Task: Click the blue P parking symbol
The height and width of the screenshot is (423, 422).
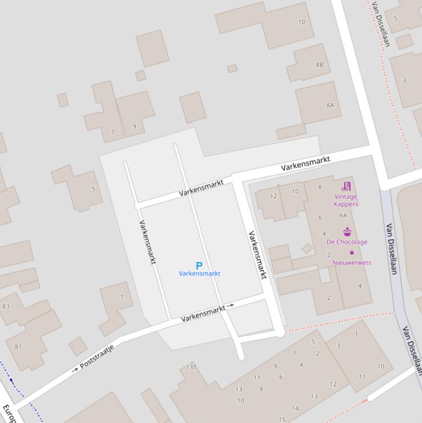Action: (199, 265)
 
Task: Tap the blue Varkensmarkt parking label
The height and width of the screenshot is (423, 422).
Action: (199, 274)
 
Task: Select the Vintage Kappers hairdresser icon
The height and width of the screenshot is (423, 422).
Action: (346, 186)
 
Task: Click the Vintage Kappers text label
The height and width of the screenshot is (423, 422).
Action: (346, 201)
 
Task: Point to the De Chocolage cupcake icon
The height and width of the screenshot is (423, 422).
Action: (347, 232)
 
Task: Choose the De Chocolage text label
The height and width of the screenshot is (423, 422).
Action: (347, 242)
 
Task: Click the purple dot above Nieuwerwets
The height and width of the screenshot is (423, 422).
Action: (352, 253)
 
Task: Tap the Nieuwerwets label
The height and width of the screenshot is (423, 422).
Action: (352, 263)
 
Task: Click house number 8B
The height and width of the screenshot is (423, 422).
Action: (319, 65)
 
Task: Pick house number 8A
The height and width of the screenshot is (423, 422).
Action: (330, 105)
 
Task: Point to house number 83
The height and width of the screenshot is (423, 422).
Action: (6, 307)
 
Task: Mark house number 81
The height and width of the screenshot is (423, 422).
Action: (18, 347)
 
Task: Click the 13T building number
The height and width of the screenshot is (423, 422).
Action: (191, 367)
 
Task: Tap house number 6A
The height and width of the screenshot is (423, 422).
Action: (343, 216)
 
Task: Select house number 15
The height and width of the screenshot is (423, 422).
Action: (282, 420)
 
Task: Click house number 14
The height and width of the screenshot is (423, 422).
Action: (295, 408)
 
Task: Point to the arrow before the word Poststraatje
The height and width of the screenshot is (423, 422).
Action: (75, 370)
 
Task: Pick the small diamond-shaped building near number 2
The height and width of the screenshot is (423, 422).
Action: (307, 249)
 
